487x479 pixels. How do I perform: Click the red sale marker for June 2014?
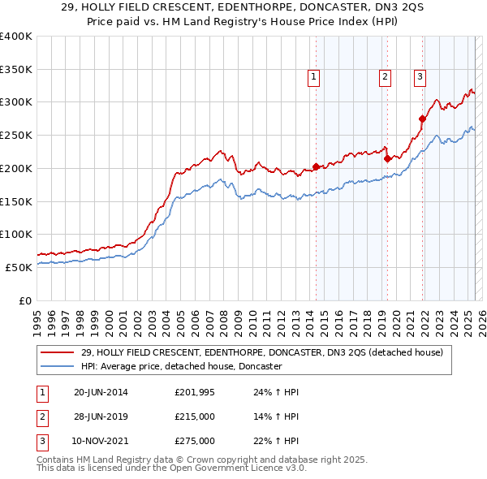[316, 168]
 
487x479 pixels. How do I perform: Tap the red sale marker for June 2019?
[387, 159]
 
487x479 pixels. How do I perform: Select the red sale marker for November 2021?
[422, 119]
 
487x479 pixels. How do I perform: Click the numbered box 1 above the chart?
[313, 77]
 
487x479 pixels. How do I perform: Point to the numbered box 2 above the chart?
[385, 77]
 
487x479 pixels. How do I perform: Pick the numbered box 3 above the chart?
[420, 77]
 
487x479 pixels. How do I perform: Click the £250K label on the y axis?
[15, 135]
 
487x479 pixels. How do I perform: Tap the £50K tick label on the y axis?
[19, 267]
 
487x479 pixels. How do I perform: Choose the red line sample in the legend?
[57, 352]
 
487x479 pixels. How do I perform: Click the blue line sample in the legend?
[57, 366]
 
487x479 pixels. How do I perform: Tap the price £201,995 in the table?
[195, 393]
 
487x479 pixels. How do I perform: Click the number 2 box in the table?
[41, 416]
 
